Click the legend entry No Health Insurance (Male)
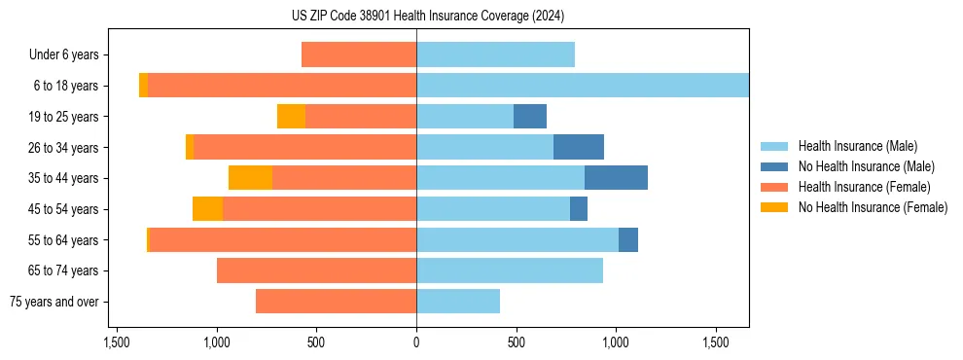pyautogui.click(x=866, y=166)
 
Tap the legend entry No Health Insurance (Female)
pyautogui.click(x=873, y=207)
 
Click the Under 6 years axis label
pyautogui.click(x=64, y=55)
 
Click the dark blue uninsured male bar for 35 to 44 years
pyautogui.click(x=616, y=178)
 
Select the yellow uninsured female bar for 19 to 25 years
pyautogui.click(x=291, y=117)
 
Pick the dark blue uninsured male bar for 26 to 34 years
pyautogui.click(x=579, y=147)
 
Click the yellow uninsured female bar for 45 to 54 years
pyautogui.click(x=207, y=209)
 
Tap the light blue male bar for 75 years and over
pyautogui.click(x=458, y=302)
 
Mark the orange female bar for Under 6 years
pyautogui.click(x=359, y=54)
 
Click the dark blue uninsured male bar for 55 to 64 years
pyautogui.click(x=628, y=239)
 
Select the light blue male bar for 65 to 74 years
pyautogui.click(x=510, y=270)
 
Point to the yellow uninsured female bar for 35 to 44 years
pyautogui.click(x=250, y=178)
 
